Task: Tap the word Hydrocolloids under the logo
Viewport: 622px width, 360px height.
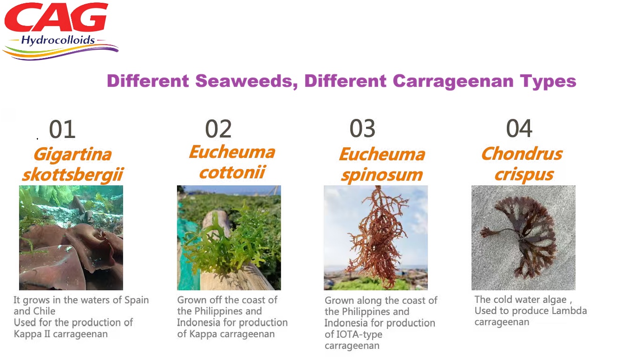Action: coord(58,40)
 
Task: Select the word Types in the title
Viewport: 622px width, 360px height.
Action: coord(548,82)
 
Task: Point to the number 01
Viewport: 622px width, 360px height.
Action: coord(62,129)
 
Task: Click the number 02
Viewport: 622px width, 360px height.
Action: coord(218,129)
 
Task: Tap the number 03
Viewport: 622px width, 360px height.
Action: coord(362,128)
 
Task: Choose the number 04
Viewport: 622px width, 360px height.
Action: coord(519,128)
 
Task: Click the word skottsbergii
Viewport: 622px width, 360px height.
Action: coord(73,175)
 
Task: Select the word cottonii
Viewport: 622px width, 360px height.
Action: coord(232,172)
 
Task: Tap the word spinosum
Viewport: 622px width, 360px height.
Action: coord(382,175)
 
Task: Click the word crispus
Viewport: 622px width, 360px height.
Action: coord(524,175)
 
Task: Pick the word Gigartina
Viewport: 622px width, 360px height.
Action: coord(73,154)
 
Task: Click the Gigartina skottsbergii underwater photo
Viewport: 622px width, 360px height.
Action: coord(71,238)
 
